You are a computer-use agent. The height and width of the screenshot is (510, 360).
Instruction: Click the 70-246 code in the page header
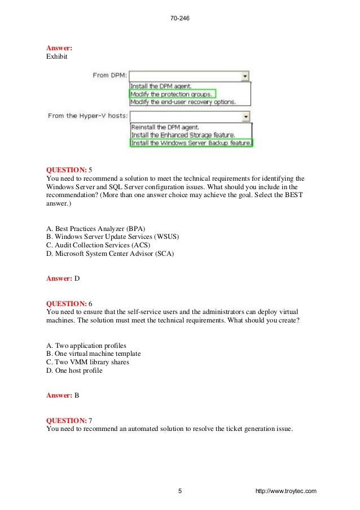point(179,19)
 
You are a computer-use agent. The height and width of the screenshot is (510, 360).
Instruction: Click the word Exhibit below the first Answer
point(57,57)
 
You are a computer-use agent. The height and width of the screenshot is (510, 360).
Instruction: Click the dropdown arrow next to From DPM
point(245,75)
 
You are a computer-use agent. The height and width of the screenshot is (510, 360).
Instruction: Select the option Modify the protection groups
point(172,94)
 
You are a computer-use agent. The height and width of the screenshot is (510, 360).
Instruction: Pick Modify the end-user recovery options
point(183,102)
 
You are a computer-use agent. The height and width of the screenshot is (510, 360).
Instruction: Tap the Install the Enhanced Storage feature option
point(183,136)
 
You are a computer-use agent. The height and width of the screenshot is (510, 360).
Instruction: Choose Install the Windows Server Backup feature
point(191,143)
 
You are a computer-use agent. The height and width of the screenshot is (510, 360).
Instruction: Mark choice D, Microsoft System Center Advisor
point(110,254)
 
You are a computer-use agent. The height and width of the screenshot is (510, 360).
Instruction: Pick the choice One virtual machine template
point(93,354)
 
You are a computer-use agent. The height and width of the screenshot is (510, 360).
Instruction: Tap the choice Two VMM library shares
point(87,363)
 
